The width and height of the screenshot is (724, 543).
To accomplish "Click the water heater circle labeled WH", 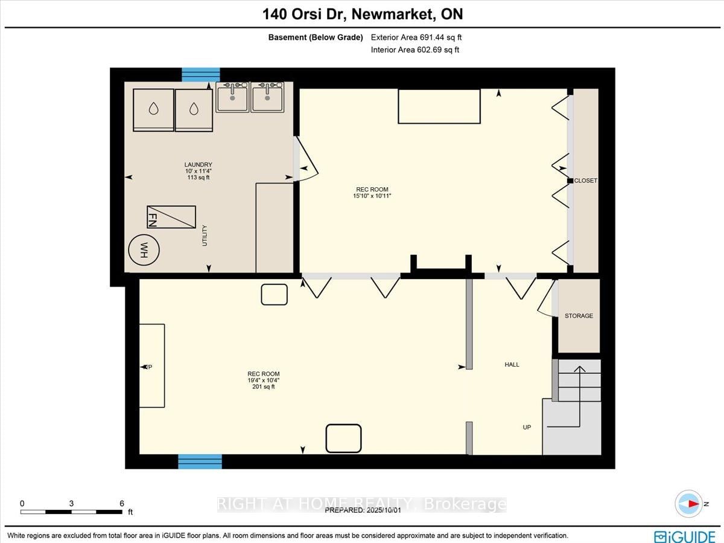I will pos(144,249).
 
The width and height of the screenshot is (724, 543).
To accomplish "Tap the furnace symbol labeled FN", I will pos(171,217).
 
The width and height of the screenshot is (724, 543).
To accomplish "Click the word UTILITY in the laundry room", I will pos(205,236).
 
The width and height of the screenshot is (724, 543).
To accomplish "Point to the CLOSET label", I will pos(585,181).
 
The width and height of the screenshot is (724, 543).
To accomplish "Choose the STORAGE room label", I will pos(579,316).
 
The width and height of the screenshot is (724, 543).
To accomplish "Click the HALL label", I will pos(512,365).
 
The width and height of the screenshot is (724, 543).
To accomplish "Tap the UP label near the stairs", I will pos(527,427).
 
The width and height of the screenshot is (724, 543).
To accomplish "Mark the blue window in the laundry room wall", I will pos(201,74).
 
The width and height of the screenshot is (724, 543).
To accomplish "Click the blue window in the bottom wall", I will pos(200,462).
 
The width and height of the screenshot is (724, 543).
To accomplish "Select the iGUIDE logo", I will pos(685,536).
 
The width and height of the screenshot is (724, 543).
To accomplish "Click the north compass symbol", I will pos(689,504).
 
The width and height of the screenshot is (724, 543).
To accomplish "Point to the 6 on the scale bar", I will pos(122,503).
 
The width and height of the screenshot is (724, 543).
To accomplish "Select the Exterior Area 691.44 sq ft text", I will pos(416,37).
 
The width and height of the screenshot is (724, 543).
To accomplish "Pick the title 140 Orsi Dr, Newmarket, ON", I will pos(361,14).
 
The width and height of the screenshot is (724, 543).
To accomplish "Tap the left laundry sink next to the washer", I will pos(232,97).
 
